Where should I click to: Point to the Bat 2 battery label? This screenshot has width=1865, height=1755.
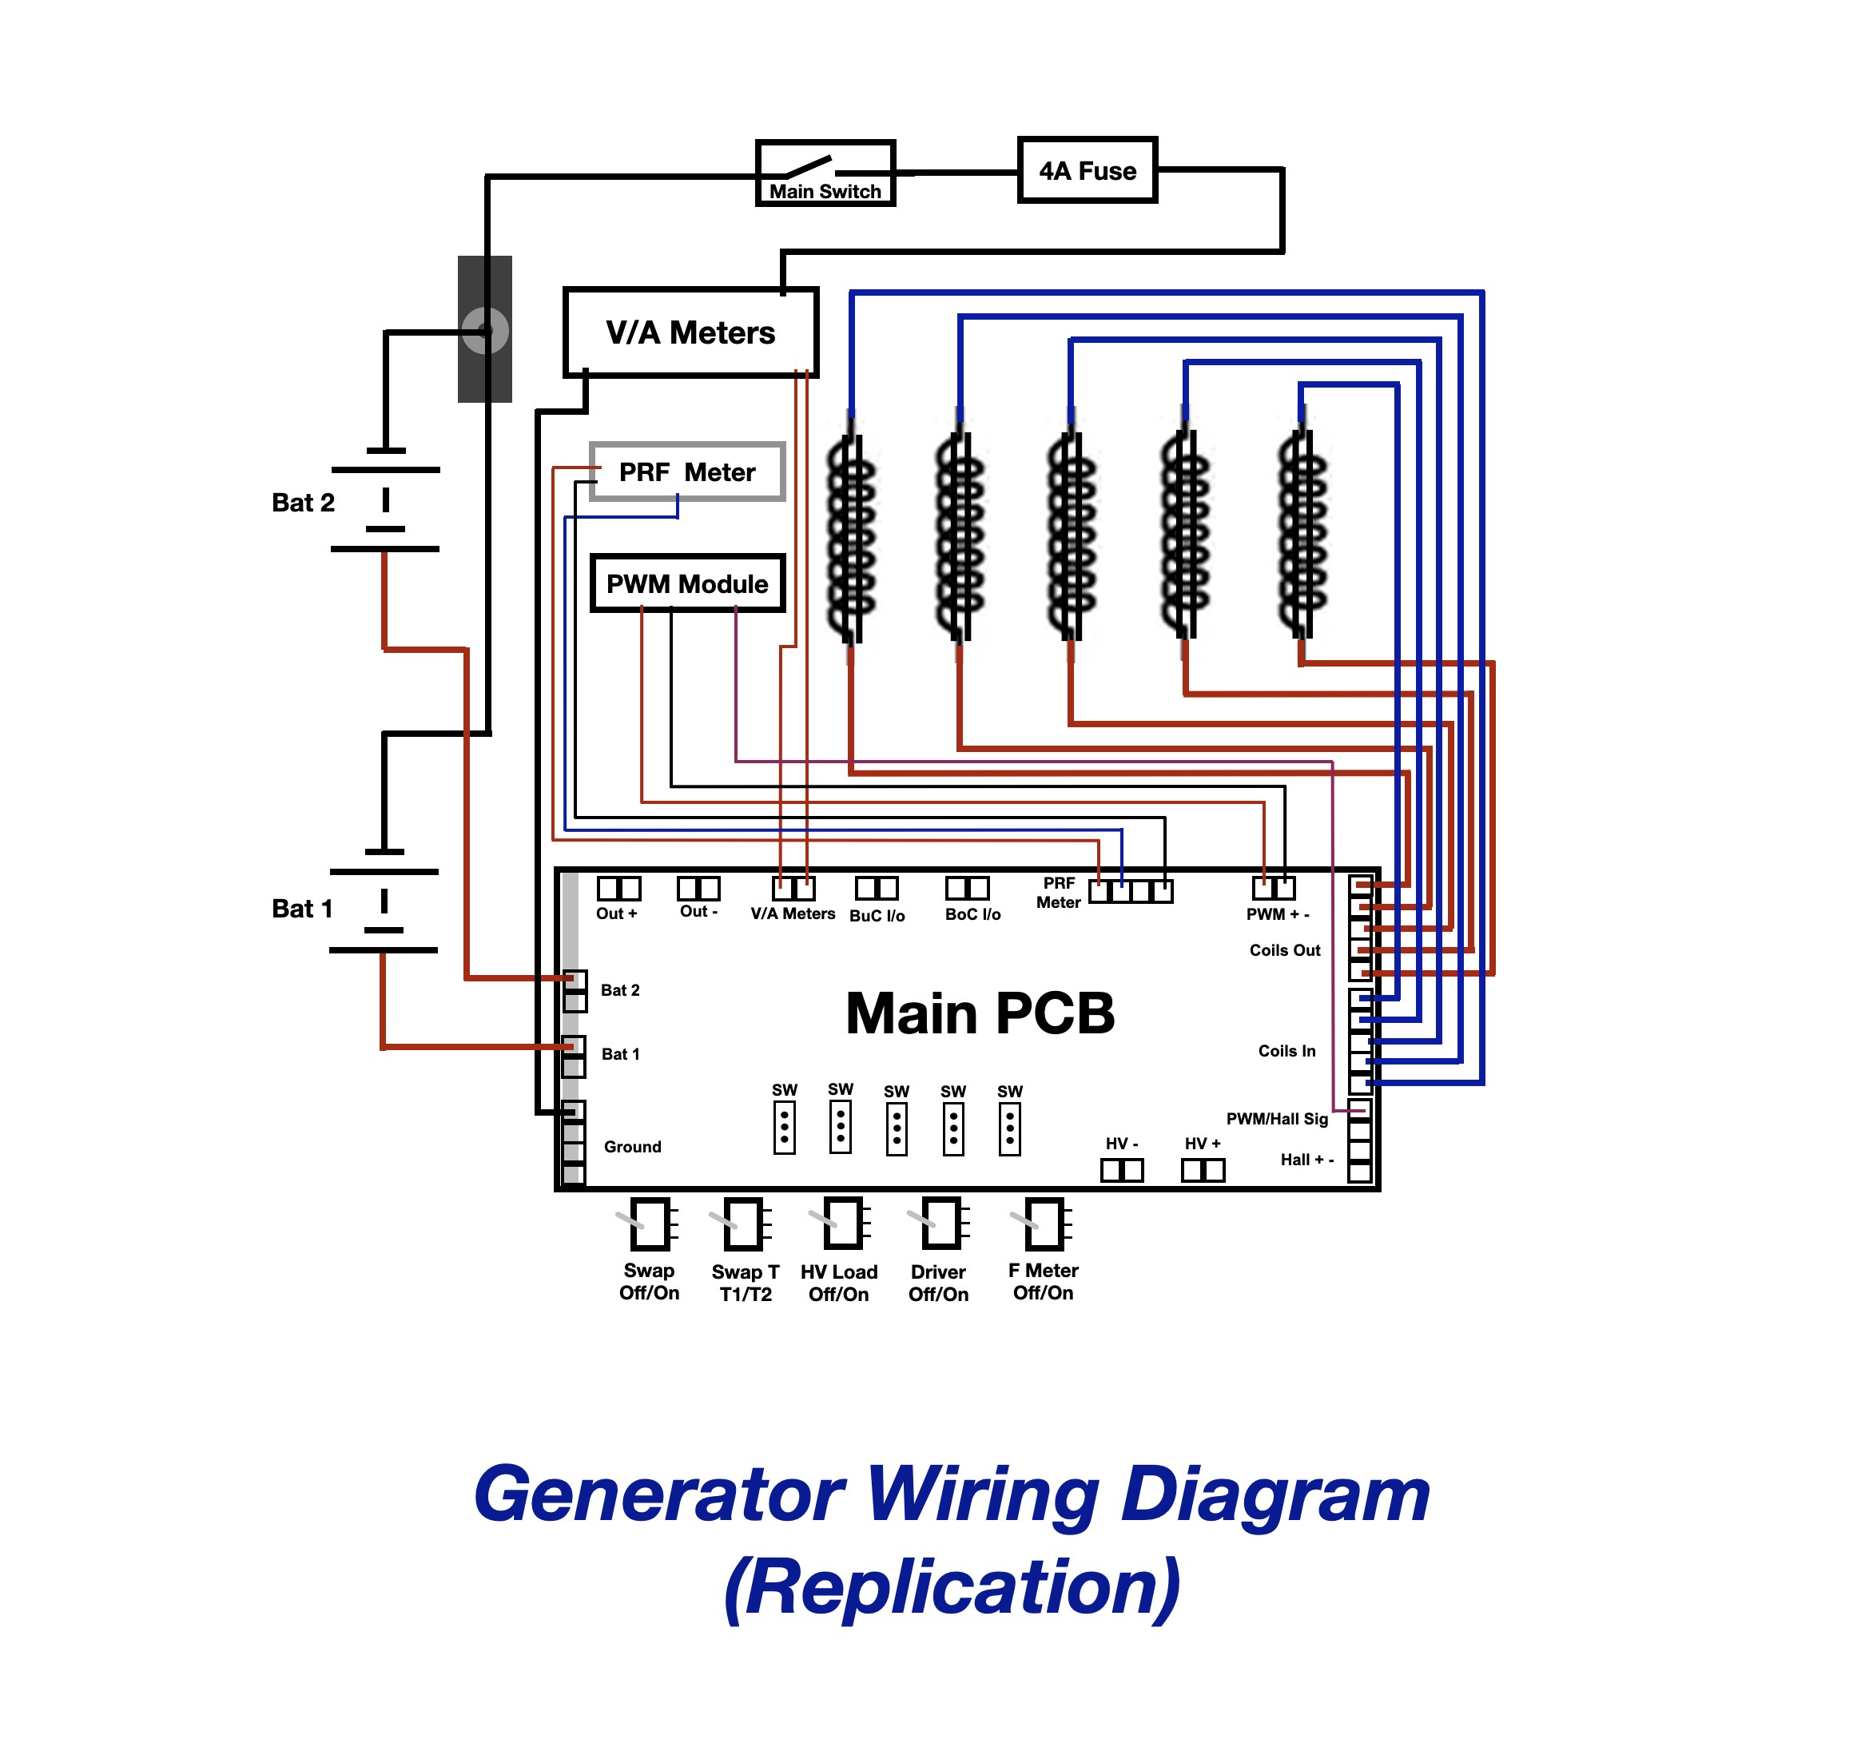coord(303,503)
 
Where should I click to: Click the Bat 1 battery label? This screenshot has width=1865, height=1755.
coord(302,909)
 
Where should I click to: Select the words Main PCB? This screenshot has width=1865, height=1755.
coord(980,1013)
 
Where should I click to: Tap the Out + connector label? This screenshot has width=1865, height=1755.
coord(616,913)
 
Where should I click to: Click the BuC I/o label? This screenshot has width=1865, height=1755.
coord(877,915)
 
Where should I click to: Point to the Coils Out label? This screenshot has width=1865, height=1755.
coord(1284,949)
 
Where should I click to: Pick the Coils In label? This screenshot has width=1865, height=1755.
coord(1286,1051)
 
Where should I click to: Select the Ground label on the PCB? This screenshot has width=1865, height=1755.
coord(632,1147)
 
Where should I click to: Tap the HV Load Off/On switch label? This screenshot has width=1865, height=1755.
coord(839,1283)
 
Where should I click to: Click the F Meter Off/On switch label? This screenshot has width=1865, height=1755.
coord(1044,1281)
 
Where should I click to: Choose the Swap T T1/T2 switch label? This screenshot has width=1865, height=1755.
coord(745,1283)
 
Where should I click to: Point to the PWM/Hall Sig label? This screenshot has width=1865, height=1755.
coord(1277,1119)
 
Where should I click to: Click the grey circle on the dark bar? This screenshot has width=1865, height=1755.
coord(485,330)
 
